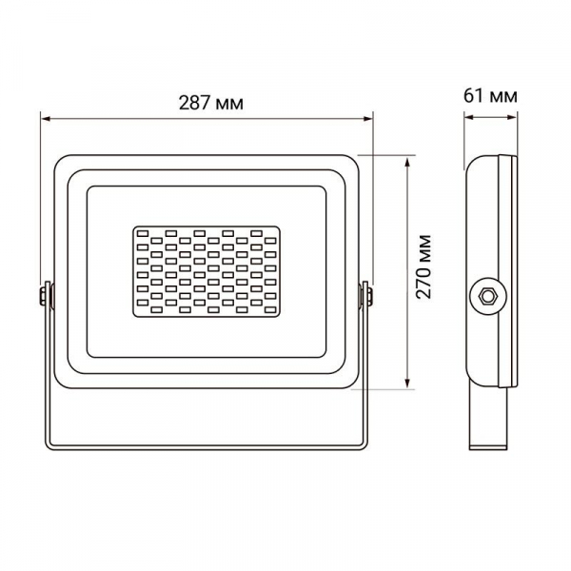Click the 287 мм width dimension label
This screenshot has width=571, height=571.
coord(211,103)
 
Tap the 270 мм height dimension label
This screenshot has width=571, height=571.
coord(423,267)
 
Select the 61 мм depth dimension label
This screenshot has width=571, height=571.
coord(490,96)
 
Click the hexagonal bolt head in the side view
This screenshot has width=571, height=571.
coord(487,296)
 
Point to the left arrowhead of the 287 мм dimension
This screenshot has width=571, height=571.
coord(47,118)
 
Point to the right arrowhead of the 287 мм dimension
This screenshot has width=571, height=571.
coord(366,118)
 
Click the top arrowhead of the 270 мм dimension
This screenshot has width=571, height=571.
coord(407,163)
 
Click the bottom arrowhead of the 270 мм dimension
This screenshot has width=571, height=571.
coord(407,383)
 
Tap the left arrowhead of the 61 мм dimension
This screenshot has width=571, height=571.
coord(469,117)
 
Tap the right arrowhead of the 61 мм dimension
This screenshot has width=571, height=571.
coord(511,117)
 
